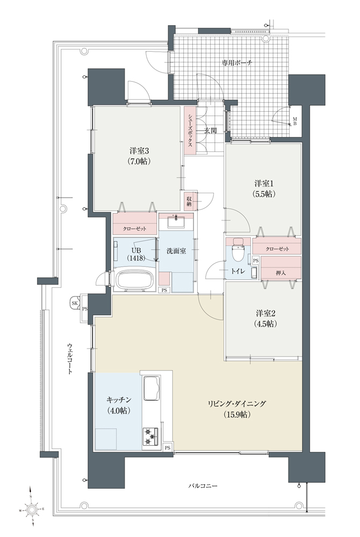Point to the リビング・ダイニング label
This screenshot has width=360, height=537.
[x=237, y=403]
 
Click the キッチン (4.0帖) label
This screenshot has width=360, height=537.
[x=119, y=405]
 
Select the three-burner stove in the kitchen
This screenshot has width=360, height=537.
[x=150, y=436]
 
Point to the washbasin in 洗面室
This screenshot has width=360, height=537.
[x=176, y=221]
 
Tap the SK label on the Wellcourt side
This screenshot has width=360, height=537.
[x=75, y=303]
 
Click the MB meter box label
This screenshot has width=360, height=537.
[x=294, y=121]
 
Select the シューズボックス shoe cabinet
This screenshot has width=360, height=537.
[x=190, y=130]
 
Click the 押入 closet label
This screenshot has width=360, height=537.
[x=281, y=273]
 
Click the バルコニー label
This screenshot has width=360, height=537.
[x=203, y=485]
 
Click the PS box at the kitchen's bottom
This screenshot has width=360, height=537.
[x=168, y=447]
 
